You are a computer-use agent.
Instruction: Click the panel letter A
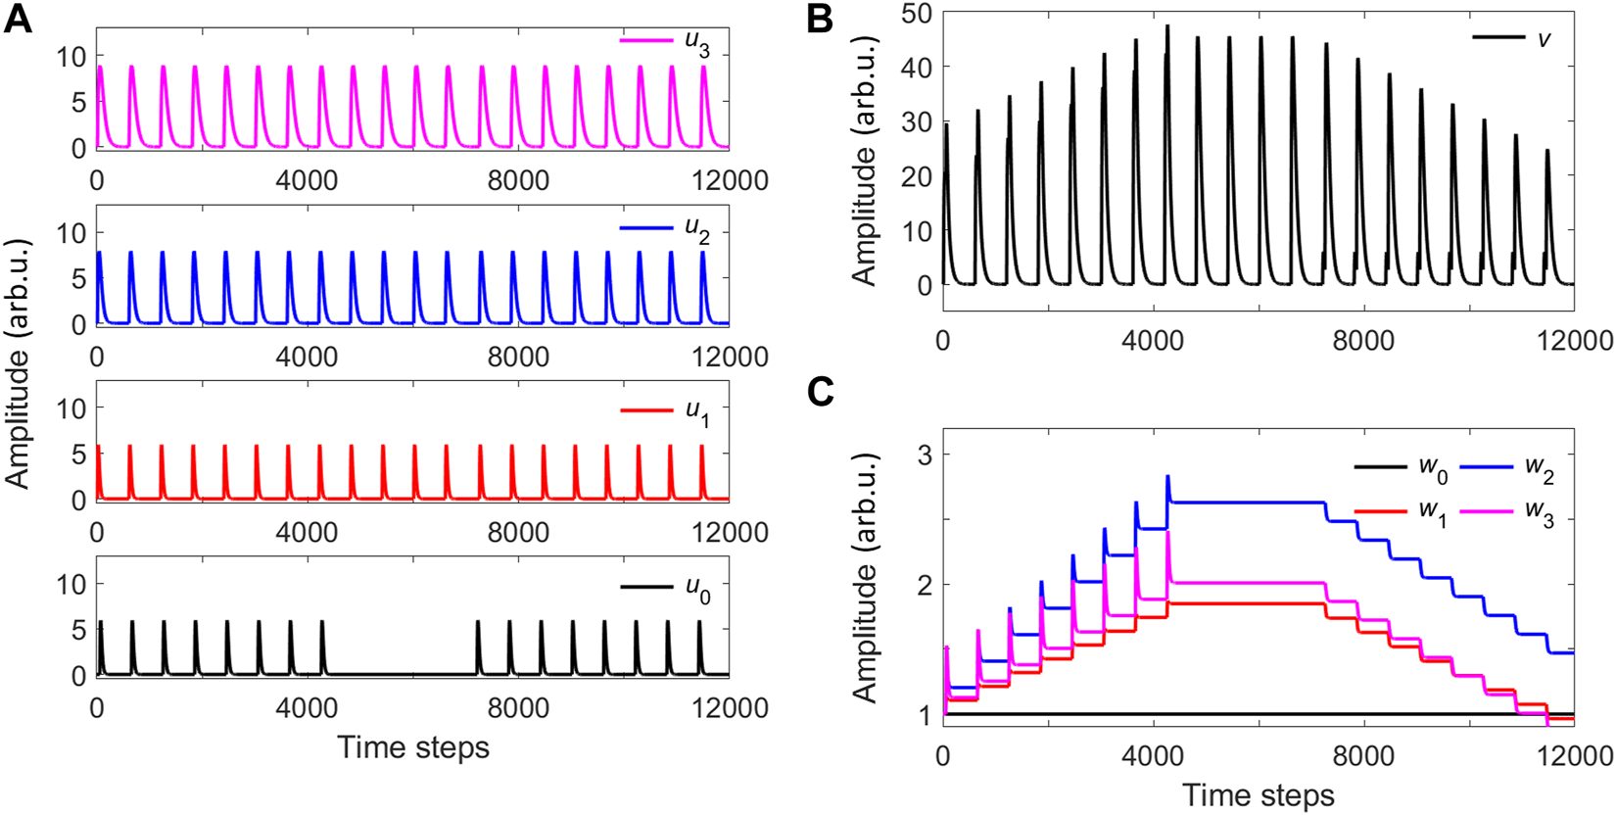[x=18, y=20]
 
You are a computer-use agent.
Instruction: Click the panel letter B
[x=821, y=20]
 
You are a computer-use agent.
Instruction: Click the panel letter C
[x=821, y=392]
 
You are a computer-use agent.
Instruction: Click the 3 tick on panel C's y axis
[x=923, y=455]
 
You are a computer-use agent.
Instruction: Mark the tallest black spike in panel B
[x=1167, y=27]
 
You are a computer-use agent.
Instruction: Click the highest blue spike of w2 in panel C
[x=1167, y=477]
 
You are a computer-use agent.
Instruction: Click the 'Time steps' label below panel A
[x=412, y=748]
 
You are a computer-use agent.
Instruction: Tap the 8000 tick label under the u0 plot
[x=518, y=708]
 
